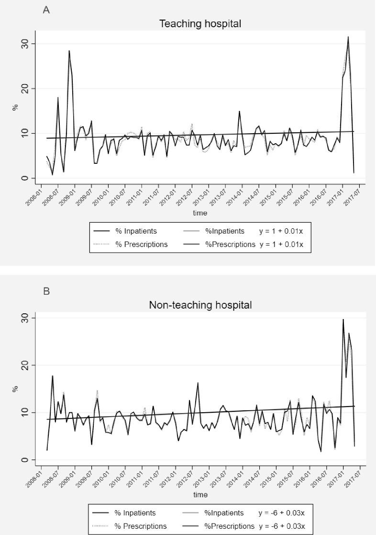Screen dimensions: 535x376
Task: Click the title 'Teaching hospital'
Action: (x=200, y=24)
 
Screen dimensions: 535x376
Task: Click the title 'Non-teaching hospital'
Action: (x=200, y=305)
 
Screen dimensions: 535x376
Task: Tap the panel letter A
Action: (x=46, y=10)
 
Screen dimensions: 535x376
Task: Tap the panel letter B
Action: (x=46, y=291)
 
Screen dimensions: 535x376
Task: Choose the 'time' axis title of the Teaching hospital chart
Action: (x=200, y=213)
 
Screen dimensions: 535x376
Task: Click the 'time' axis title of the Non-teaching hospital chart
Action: (x=200, y=495)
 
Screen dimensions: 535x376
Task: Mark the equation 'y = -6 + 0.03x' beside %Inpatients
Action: (x=281, y=513)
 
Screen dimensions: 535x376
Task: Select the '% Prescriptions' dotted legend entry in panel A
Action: (x=142, y=245)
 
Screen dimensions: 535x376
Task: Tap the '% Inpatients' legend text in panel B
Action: (x=135, y=513)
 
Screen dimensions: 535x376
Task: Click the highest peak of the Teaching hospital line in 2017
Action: (x=348, y=37)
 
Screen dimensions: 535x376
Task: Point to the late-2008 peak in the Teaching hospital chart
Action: (x=69, y=51)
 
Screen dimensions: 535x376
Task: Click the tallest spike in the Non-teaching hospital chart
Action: (x=343, y=319)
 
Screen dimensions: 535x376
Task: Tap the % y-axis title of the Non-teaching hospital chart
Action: (x=15, y=389)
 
